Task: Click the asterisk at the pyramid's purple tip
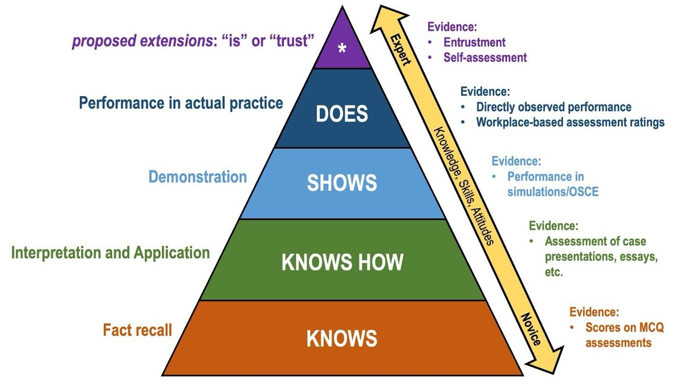(342, 49)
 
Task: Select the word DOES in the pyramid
(342, 114)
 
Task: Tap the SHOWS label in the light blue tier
(342, 183)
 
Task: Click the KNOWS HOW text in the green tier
(342, 262)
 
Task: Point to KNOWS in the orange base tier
(342, 338)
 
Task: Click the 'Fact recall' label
(137, 330)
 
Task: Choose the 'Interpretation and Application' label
(111, 252)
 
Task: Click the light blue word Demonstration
(197, 176)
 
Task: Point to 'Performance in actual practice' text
(181, 103)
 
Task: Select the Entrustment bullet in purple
(474, 42)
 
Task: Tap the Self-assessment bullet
(485, 57)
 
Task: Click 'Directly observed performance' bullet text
(553, 107)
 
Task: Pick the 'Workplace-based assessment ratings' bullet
(570, 122)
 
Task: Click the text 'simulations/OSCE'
(552, 192)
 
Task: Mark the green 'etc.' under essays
(554, 272)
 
